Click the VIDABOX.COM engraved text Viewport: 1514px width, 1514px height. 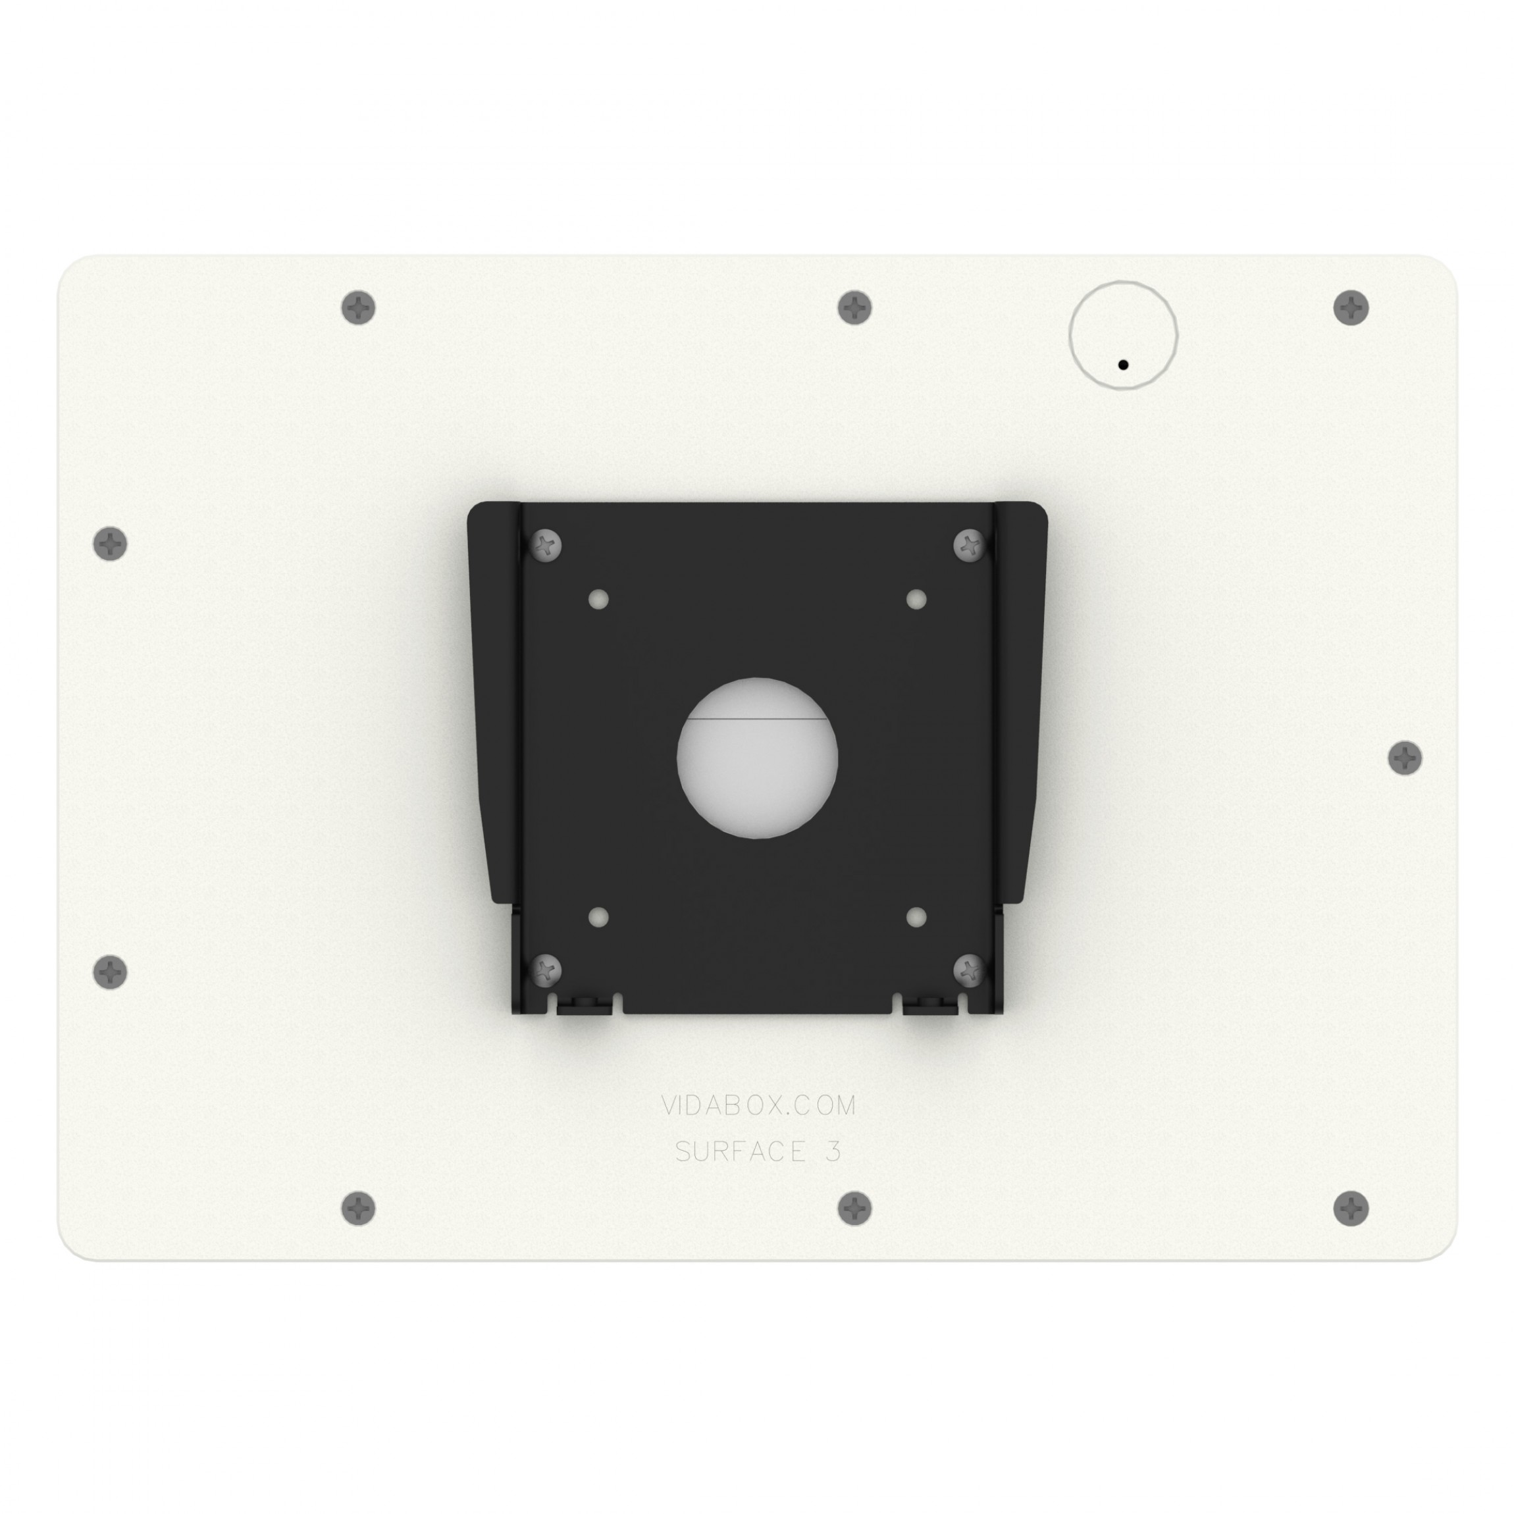(758, 1106)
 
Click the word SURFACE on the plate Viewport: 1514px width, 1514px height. (729, 1152)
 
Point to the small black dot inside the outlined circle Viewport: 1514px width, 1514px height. (1123, 365)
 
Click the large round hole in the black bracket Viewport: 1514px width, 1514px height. (757, 758)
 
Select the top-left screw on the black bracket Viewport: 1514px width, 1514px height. (546, 544)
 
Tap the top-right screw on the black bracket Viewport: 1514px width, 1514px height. (970, 544)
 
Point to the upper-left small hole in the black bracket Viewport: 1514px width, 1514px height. (599, 600)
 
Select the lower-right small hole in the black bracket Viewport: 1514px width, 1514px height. (916, 917)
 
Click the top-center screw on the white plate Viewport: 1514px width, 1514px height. (855, 307)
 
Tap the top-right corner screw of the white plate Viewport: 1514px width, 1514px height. (1351, 307)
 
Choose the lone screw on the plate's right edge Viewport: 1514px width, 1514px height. (1405, 758)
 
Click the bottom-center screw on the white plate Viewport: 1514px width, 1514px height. (855, 1209)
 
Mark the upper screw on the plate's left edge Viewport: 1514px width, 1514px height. (111, 543)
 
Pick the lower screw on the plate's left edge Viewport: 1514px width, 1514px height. (111, 972)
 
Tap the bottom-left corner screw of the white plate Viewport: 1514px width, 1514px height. (359, 1209)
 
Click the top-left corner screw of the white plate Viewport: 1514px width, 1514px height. (359, 307)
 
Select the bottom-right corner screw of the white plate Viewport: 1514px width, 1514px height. (1351, 1209)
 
